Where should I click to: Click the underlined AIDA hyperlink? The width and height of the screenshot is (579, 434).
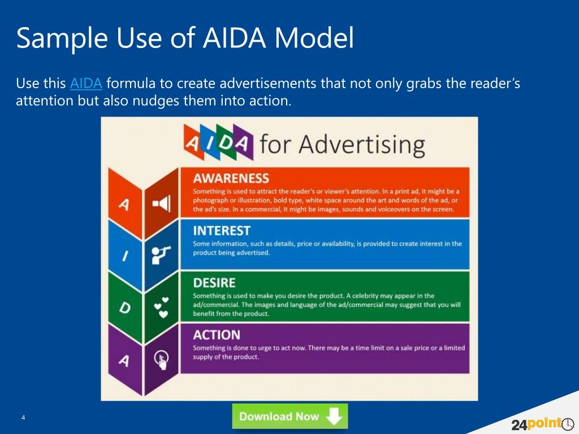[86, 84]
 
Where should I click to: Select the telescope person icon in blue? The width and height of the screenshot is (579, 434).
[161, 255]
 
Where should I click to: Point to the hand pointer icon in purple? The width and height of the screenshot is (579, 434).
[161, 359]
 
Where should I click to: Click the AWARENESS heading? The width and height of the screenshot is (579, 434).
[231, 179]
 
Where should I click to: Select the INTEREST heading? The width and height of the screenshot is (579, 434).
[221, 231]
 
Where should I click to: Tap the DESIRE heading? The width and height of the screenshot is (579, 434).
[214, 283]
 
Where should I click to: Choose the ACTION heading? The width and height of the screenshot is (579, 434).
[217, 335]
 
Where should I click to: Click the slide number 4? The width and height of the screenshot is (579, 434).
[23, 418]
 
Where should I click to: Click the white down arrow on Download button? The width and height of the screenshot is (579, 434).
[335, 417]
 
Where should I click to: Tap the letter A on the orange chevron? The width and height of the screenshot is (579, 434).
[123, 205]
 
